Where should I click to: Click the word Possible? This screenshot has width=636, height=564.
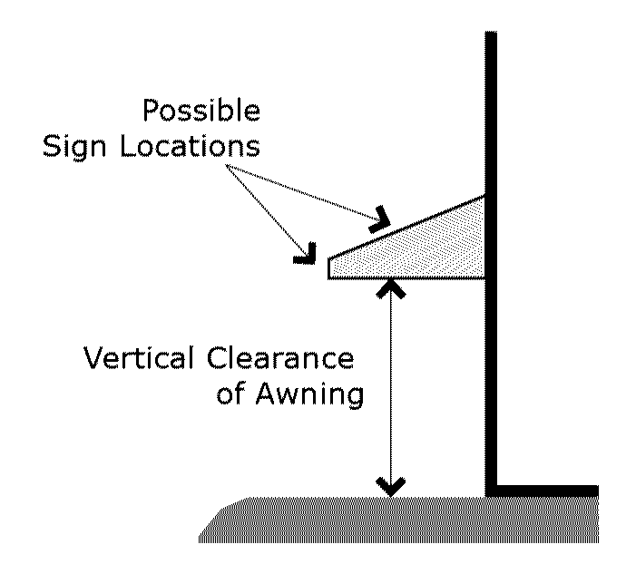(x=201, y=112)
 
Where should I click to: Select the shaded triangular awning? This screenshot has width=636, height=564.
(x=435, y=245)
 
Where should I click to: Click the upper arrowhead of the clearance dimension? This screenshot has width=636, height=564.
(x=391, y=288)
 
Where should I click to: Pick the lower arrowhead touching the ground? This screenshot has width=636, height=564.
(x=391, y=487)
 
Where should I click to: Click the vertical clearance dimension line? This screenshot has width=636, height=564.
(x=391, y=390)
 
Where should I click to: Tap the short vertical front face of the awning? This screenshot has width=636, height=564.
(x=329, y=267)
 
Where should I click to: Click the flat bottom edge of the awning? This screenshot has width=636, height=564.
(x=408, y=277)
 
